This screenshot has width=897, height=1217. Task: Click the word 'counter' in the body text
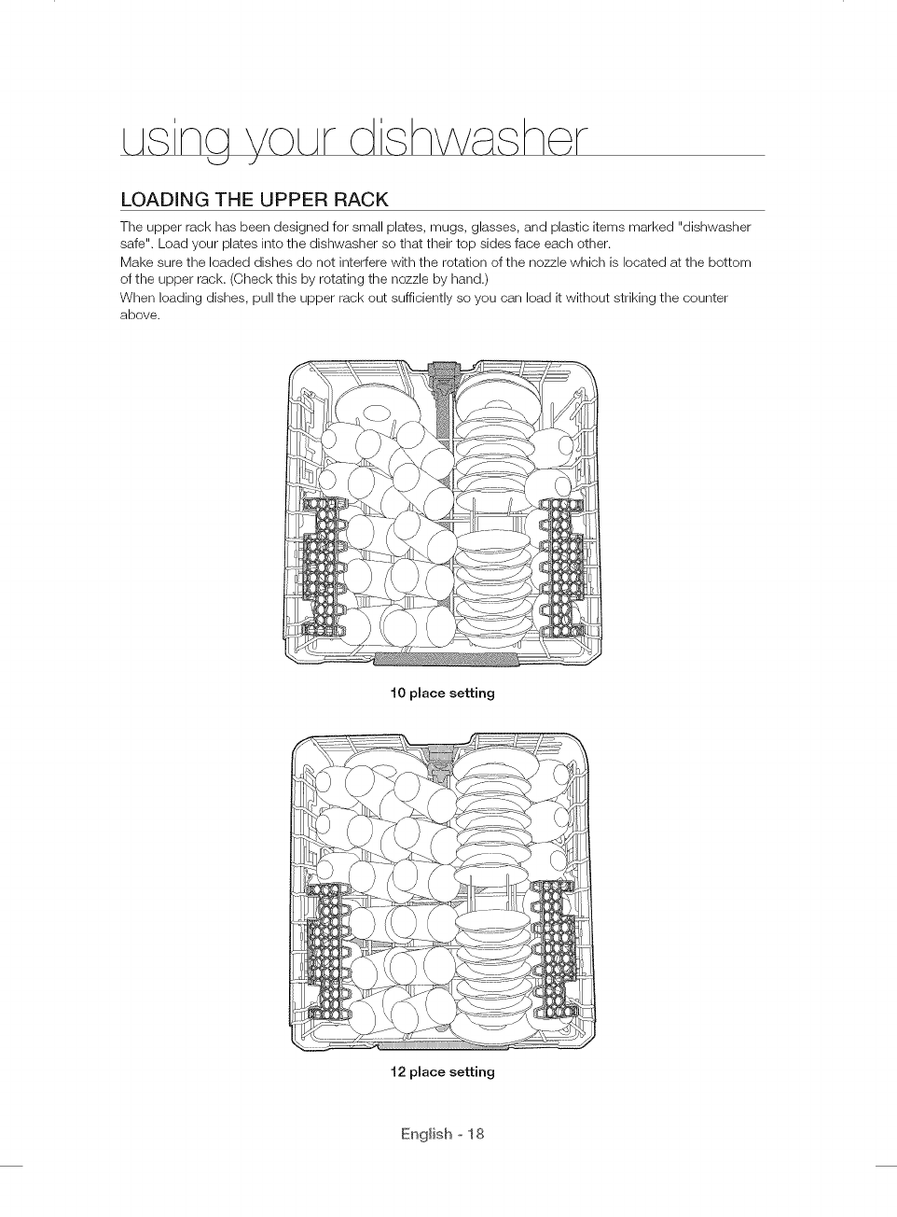(x=705, y=298)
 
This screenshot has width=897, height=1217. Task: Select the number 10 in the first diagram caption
(x=397, y=693)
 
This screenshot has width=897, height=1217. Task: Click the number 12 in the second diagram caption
(x=397, y=1072)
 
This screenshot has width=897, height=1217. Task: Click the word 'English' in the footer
(x=425, y=1135)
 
